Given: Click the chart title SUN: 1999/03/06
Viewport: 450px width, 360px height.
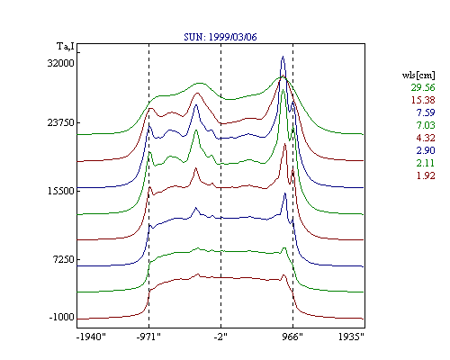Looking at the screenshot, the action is click(x=220, y=37).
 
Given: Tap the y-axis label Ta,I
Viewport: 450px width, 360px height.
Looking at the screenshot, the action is click(x=66, y=47).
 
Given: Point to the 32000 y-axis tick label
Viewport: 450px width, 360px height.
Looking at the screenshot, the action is click(x=60, y=63).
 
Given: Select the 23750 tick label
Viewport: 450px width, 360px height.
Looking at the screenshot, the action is click(x=60, y=122).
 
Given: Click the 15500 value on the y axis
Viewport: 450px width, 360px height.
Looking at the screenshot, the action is click(x=60, y=191).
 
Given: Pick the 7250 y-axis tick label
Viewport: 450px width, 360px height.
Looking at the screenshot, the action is click(x=63, y=259).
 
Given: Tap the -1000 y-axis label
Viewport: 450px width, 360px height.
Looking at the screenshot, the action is click(x=61, y=317).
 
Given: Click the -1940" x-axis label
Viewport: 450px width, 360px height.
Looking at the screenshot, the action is click(x=91, y=337).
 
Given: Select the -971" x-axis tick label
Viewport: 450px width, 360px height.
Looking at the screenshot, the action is click(x=148, y=337).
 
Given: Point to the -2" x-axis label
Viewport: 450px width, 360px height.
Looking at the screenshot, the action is click(x=220, y=337).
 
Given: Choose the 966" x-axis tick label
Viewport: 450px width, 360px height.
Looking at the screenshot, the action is click(x=292, y=337).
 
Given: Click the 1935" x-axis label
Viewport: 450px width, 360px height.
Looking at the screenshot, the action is click(x=351, y=337).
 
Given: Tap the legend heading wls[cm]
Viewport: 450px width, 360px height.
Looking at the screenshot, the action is click(x=418, y=75).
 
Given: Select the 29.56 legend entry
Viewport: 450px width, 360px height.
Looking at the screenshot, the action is click(x=423, y=87).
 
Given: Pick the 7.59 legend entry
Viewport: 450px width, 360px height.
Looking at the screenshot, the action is click(x=426, y=112).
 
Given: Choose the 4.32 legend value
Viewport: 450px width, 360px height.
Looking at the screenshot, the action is click(x=426, y=138).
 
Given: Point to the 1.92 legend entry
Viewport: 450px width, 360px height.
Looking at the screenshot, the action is click(x=426, y=175).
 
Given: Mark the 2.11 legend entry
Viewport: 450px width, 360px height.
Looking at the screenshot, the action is click(x=426, y=163).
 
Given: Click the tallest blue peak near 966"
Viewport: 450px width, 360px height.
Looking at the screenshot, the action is click(x=283, y=57).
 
